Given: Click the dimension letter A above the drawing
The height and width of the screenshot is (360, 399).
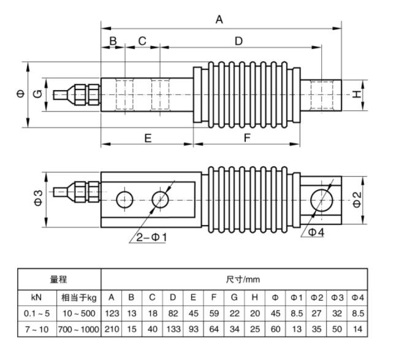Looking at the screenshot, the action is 219,20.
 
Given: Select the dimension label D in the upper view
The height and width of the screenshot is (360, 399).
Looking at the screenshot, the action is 238,41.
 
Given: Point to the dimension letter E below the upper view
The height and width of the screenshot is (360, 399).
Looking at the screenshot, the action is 148,138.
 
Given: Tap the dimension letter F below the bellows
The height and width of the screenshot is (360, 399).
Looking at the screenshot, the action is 247,137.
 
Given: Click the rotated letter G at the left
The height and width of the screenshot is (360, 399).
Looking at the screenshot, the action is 37,94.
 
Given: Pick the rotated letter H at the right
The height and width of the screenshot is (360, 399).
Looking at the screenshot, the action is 357,94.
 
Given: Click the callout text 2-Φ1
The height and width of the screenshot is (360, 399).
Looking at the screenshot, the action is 151,237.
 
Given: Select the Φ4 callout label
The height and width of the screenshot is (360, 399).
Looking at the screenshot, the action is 316,232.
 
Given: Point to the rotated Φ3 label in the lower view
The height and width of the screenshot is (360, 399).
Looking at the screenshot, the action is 38,198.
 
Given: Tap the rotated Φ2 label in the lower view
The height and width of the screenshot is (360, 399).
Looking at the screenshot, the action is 357,200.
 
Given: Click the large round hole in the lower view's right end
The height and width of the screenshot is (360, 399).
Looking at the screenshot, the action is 322,200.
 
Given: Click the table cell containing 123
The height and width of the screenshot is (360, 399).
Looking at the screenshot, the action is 112,313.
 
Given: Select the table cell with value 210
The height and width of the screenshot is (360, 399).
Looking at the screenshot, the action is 112,329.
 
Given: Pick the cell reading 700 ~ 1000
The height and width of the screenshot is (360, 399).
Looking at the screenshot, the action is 78,329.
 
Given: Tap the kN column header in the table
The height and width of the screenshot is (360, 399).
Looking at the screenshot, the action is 37,297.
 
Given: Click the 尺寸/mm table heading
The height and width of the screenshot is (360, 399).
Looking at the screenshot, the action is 243,279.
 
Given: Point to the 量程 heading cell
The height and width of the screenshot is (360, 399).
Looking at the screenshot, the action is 58,279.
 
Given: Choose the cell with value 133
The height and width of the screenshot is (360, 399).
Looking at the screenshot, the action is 173,329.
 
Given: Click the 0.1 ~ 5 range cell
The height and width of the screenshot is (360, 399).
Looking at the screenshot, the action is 37,313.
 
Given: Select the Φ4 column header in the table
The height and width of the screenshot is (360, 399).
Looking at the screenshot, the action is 357,297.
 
